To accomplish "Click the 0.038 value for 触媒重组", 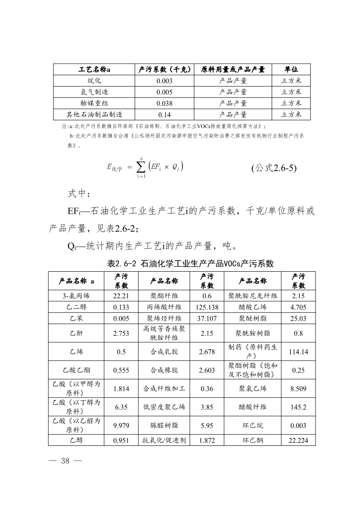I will pos(164,104).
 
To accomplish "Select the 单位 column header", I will pos(291,70).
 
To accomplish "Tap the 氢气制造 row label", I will pos(94,92).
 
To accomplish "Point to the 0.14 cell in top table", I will pos(164,115).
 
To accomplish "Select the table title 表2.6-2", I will pos(190,263).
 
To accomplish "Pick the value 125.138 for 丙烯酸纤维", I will pos(207,307).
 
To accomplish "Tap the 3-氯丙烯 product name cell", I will pos(76,296).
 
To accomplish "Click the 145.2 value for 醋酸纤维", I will pos(299,407).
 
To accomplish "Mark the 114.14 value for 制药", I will pos(299,352).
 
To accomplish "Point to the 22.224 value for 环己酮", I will pos(299,441).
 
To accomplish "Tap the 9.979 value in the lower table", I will pos(121,425).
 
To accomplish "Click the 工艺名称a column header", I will pos(94,70).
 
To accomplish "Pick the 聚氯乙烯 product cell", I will pos(253,389).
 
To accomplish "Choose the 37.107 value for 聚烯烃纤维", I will pos(207,318).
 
